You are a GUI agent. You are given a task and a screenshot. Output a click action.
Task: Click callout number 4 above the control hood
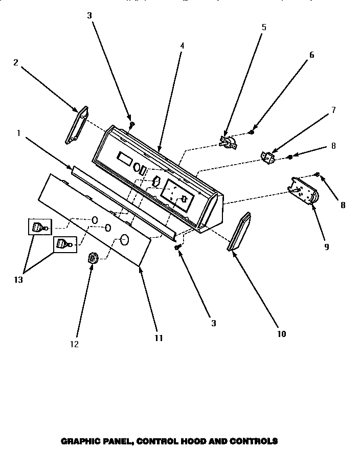tap(182, 46)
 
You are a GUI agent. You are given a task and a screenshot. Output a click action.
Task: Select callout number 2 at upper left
tap(15, 62)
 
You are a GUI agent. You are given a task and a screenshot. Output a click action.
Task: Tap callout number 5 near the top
tap(264, 27)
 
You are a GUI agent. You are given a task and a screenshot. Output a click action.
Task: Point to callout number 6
tap(311, 55)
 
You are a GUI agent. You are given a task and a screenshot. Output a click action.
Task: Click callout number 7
tap(333, 109)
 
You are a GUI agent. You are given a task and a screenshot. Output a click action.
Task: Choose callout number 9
tap(326, 246)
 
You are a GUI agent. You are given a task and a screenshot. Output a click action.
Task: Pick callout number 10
tap(281, 334)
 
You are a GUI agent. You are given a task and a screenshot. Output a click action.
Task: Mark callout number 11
tap(159, 338)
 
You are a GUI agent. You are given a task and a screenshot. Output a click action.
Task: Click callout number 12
tap(75, 344)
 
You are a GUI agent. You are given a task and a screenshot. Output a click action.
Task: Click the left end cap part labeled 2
tap(77, 125)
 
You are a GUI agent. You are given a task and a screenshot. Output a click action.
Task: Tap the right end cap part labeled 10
tap(239, 233)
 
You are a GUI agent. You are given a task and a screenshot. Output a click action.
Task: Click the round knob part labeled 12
tap(93, 258)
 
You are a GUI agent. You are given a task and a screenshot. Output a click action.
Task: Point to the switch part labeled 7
tap(267, 157)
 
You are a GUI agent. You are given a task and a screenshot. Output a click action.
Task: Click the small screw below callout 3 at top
tap(131, 124)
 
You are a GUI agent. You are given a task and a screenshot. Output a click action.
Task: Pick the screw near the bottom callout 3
tap(178, 247)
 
